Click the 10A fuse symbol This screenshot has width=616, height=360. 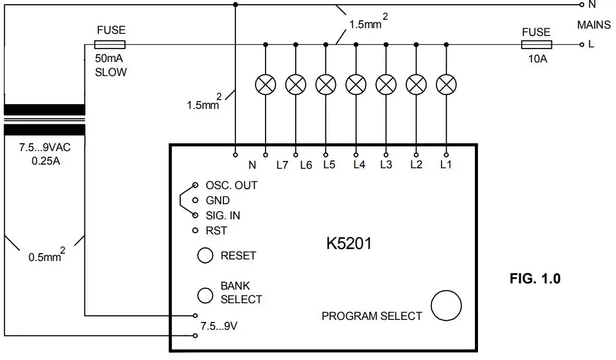(536, 45)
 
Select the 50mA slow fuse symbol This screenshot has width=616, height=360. (110, 44)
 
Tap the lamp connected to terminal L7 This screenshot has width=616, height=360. (266, 84)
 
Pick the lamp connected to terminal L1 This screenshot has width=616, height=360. (446, 84)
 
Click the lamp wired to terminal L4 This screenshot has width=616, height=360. (356, 84)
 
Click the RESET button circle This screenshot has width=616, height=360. (205, 255)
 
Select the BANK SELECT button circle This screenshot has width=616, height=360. (205, 295)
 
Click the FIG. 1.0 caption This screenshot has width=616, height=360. (535, 279)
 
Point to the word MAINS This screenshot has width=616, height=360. (594, 25)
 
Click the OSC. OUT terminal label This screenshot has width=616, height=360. (231, 185)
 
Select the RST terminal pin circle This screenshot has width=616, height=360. (195, 230)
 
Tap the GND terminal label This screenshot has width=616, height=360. (218, 201)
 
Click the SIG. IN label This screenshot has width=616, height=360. (223, 215)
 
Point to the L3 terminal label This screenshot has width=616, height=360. (386, 165)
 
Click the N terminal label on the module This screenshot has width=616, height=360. (253, 165)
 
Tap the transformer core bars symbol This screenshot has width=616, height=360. (44, 119)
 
